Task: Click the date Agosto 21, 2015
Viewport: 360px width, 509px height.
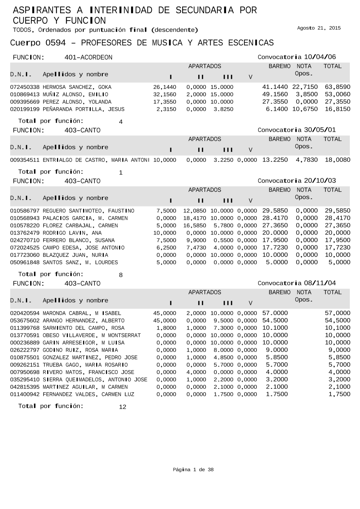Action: pos(319,28)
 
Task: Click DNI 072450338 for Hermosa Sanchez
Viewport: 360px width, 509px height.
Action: pos(25,87)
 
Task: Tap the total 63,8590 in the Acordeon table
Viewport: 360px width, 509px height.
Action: pos(337,87)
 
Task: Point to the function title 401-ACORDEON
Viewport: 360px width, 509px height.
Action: pos(88,58)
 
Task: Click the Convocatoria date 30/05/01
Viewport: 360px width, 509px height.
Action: pos(320,130)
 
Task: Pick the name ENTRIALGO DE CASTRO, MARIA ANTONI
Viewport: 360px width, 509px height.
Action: pos(96,160)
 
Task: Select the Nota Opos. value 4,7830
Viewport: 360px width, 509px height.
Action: pos(307,160)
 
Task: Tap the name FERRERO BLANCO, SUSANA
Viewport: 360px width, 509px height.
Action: pos(78,240)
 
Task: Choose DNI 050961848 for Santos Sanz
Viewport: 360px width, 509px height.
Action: pos(25,263)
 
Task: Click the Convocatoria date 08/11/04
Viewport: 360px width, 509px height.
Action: pos(320,283)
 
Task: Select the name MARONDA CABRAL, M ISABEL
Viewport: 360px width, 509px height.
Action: pos(82,313)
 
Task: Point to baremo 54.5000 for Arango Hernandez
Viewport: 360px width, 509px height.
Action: pos(275,321)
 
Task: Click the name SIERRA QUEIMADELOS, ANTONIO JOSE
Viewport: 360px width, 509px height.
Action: pos(95,380)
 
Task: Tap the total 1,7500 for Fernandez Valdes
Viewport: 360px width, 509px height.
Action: pos(339,394)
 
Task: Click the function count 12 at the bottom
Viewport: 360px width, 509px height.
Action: pos(122,407)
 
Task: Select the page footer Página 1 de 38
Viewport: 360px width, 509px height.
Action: pos(193,470)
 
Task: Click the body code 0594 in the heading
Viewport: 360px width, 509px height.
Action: pos(55,43)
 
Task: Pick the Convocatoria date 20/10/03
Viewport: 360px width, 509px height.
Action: pos(320,181)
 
